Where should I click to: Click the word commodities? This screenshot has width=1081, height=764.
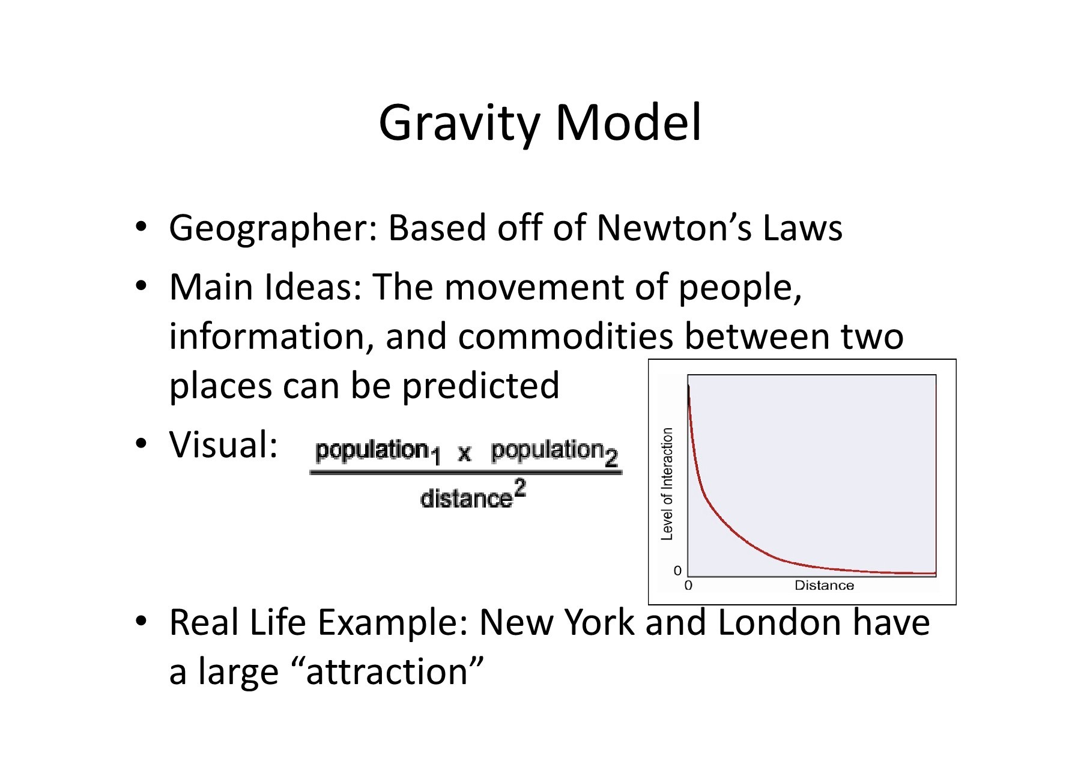click(566, 336)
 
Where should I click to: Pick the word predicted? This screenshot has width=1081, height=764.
click(480, 387)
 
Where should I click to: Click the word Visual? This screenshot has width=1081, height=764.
click(223, 445)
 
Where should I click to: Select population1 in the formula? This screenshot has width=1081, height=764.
click(378, 452)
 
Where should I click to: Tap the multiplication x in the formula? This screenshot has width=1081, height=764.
click(464, 453)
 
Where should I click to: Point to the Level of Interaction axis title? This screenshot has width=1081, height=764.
click(667, 484)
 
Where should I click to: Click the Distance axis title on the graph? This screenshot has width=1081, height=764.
click(824, 586)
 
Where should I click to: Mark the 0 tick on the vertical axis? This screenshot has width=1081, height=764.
click(677, 571)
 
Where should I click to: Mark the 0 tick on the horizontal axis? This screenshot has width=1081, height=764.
click(688, 586)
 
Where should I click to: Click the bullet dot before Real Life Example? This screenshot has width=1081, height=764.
click(141, 622)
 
